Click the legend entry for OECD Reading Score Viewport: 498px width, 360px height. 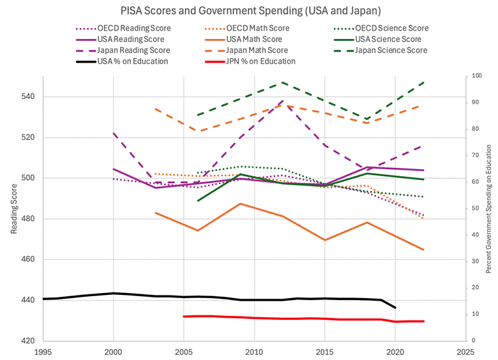click(135, 28)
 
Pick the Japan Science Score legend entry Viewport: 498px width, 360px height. click(391, 50)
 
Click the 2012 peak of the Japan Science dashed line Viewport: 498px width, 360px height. click(282, 82)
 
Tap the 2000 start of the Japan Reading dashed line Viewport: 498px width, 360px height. click(113, 133)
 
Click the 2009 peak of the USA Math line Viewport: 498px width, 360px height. click(240, 204)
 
